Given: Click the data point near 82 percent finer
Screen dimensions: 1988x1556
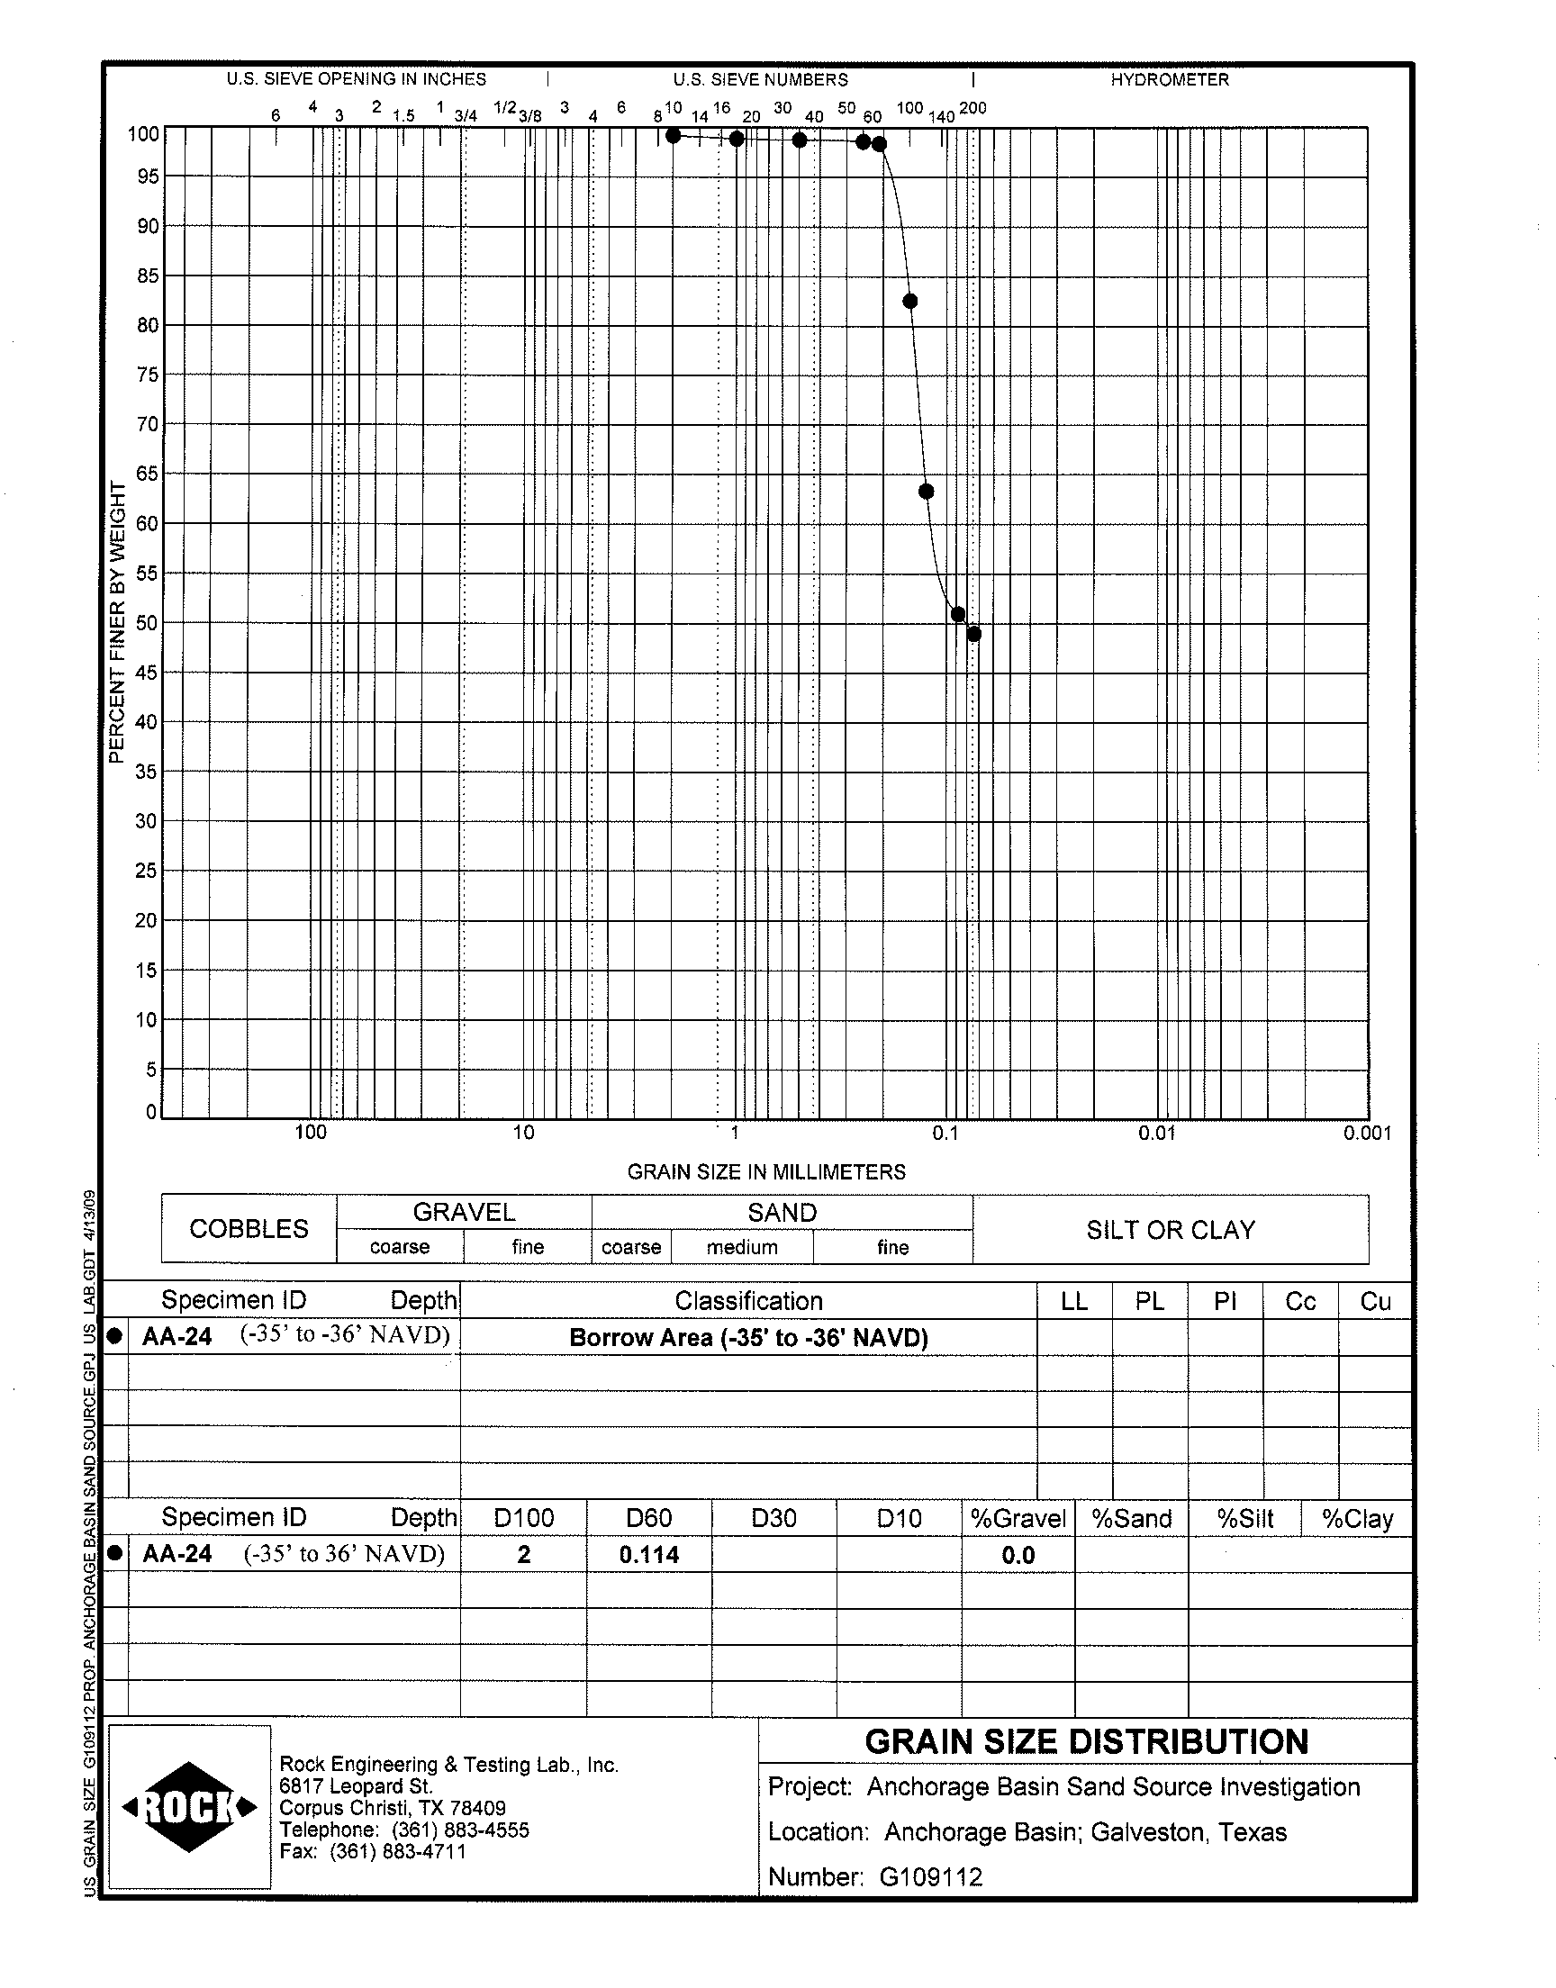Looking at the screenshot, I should click(909, 302).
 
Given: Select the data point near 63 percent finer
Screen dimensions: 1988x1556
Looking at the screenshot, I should click(926, 492).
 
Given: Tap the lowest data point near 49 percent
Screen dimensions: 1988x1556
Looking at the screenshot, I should click(974, 635).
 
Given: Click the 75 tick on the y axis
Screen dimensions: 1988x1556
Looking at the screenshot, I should click(148, 375).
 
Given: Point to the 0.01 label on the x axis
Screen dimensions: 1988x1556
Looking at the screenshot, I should click(1156, 1133).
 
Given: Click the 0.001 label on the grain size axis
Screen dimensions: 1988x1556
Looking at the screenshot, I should click(1367, 1133).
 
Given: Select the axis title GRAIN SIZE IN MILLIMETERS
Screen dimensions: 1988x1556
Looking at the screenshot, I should click(766, 1172).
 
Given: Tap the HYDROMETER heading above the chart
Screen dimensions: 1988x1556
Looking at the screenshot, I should click(1169, 80).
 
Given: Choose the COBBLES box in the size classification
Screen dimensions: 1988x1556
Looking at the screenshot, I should click(249, 1228).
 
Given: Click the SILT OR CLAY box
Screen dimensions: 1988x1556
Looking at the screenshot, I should click(1170, 1230).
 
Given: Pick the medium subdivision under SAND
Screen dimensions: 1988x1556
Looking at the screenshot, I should click(742, 1248).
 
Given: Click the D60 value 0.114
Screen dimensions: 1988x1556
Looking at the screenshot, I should click(648, 1555).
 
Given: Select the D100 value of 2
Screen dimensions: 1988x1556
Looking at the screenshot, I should click(524, 1555).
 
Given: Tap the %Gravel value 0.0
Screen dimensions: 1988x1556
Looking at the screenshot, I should click(1018, 1556).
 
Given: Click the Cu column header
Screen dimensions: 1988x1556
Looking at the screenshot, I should click(1375, 1301).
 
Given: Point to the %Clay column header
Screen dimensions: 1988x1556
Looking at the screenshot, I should click(1356, 1519).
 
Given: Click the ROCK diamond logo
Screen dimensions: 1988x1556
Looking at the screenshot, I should click(189, 1807).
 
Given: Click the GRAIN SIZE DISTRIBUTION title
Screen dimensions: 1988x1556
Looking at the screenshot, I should click(1086, 1742).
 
